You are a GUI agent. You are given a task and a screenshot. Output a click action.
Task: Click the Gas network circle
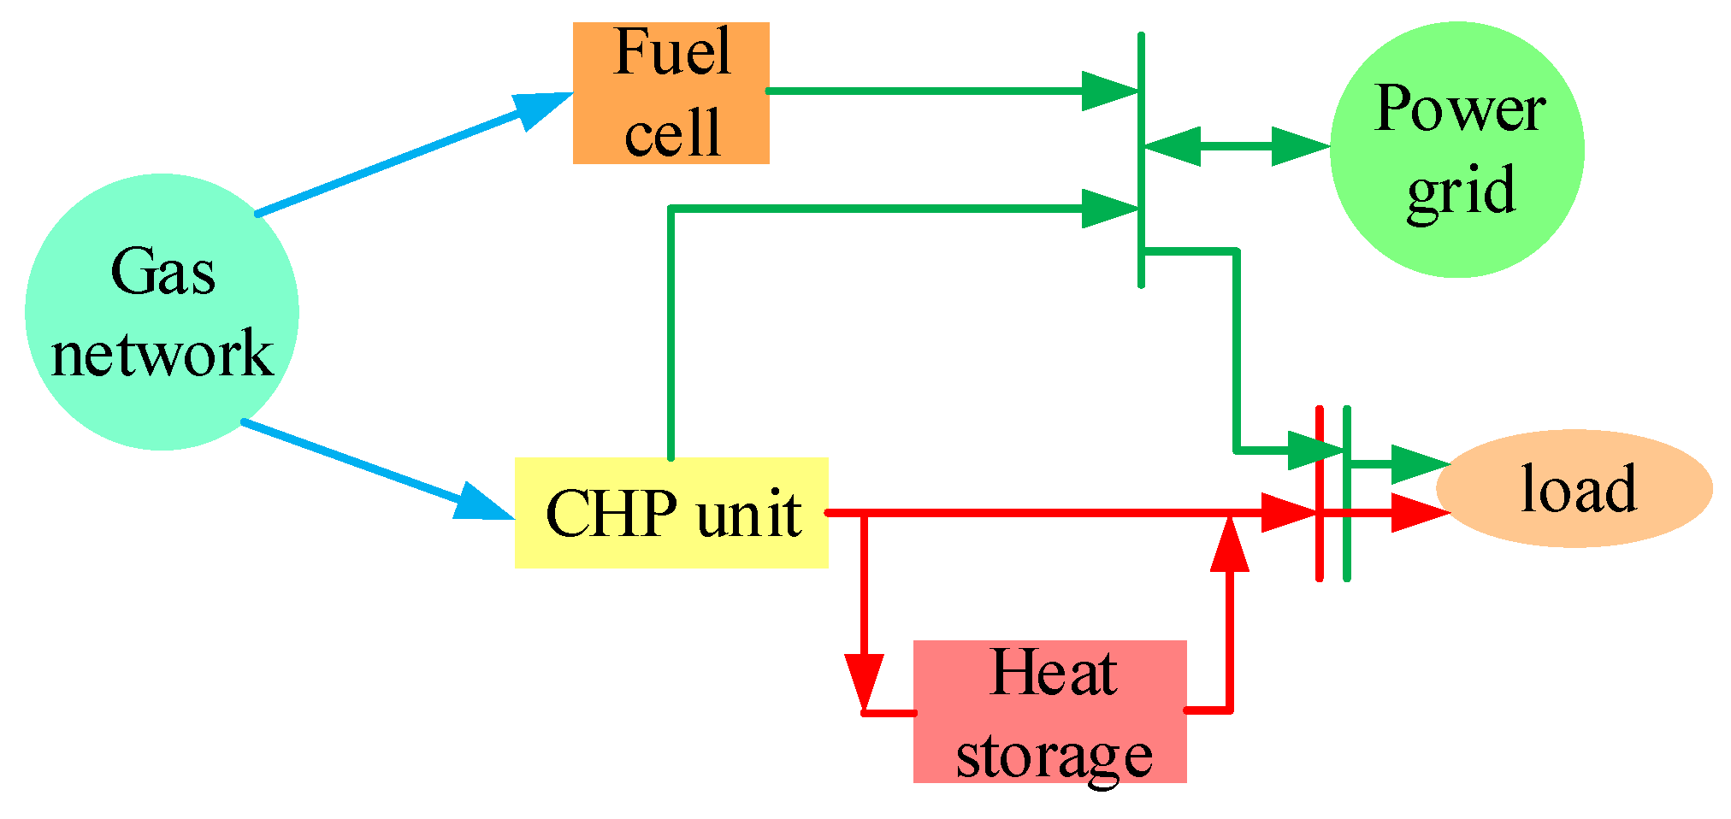point(162,312)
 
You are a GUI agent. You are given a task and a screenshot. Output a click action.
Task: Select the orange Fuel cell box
point(671,92)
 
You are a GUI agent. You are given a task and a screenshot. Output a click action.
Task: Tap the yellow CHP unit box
point(671,513)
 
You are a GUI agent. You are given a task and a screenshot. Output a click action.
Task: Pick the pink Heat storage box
point(1049,711)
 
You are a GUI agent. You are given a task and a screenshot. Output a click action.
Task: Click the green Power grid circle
point(1456,150)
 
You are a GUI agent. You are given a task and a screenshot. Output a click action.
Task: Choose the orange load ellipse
point(1574,488)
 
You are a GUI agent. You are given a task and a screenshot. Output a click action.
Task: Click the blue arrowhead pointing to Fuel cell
point(544,108)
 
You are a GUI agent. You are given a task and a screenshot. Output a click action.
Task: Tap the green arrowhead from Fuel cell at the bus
point(1109,91)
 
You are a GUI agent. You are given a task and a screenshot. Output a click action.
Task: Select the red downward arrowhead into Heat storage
point(864,680)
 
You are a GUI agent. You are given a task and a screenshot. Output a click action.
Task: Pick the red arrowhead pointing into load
point(1419,513)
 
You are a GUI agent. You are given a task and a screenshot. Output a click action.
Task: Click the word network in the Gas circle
point(162,353)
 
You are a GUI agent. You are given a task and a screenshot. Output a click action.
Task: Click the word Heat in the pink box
point(1053,673)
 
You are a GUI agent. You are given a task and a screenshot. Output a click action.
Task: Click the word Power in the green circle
point(1460,109)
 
